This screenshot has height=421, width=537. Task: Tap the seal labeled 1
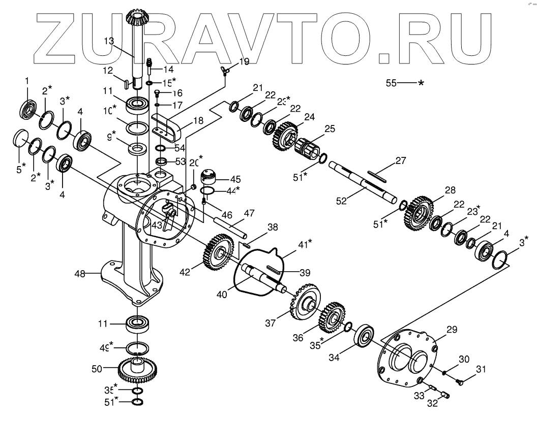pyautogui.click(x=28, y=108)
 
